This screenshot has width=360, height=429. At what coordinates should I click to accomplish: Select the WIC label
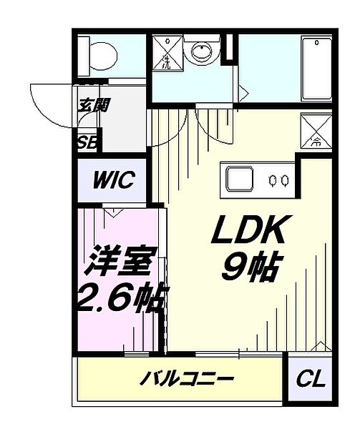point(113,179)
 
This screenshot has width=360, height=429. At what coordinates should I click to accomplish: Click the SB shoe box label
point(88,141)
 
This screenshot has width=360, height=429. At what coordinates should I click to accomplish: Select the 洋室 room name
point(120,263)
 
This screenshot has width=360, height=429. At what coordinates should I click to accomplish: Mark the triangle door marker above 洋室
point(112,212)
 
